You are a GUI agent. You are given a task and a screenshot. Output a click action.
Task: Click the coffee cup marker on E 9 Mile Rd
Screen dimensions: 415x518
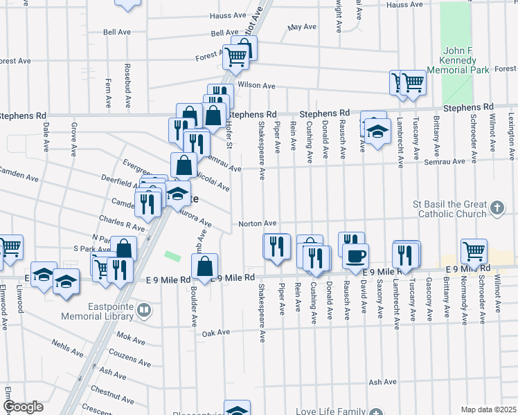[356, 256]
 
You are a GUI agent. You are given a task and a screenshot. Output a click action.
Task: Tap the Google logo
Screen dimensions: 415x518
[23, 407]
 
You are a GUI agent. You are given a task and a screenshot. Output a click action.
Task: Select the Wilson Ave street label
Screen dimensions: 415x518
[256, 86]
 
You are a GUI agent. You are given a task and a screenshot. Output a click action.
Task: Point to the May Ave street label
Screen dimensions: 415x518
[302, 28]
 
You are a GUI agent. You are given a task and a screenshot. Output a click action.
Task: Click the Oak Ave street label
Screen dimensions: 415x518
[215, 332]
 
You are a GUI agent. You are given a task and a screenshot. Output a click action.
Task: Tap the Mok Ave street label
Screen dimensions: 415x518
[131, 340]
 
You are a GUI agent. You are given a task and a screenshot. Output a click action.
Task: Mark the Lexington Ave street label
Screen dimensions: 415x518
[510, 136]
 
